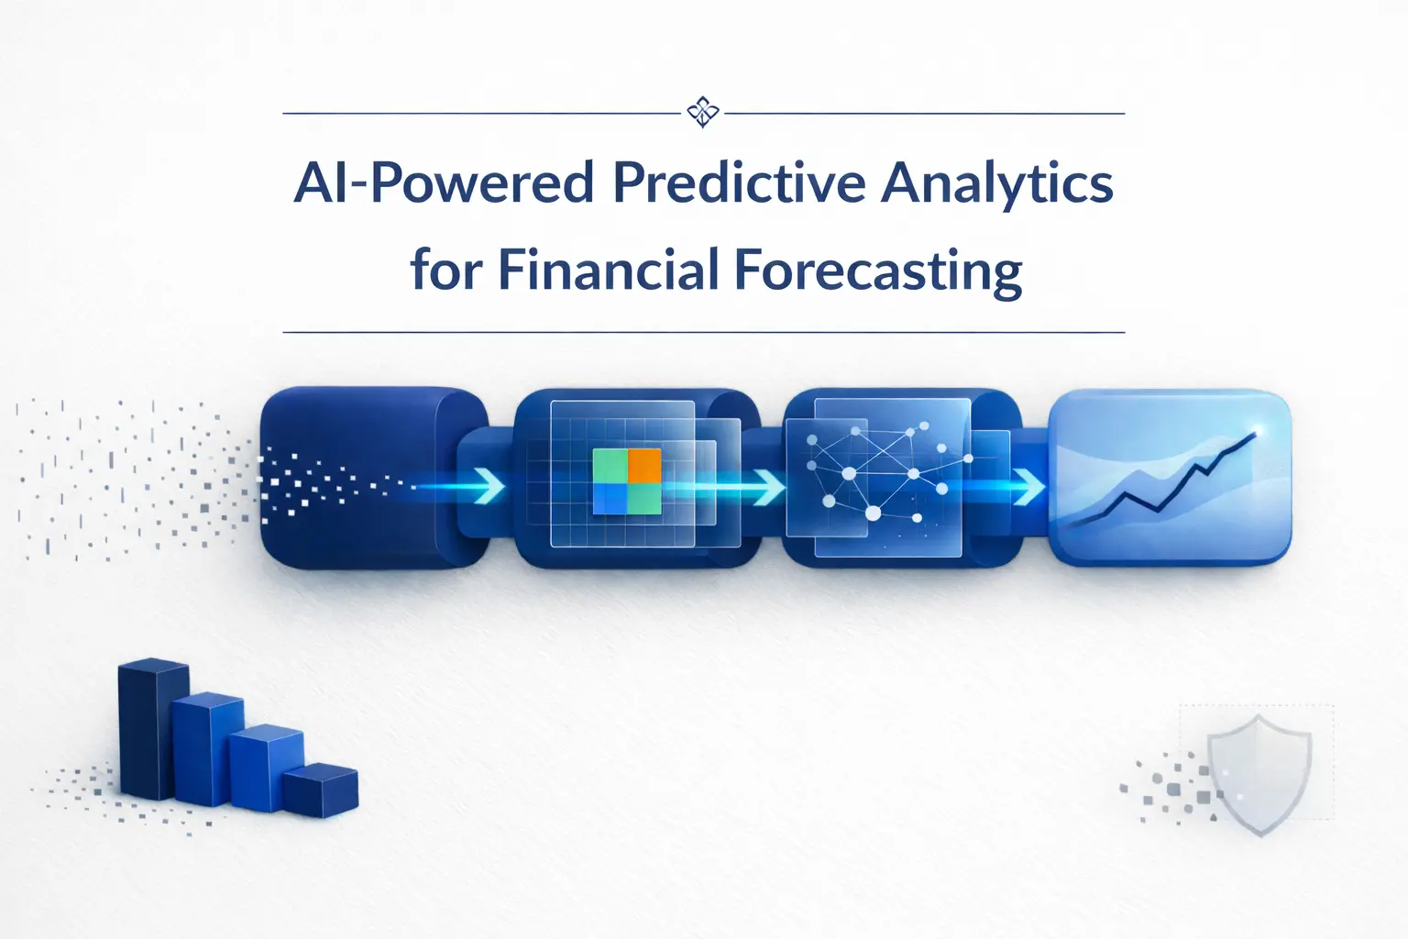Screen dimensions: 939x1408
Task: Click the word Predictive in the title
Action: pos(738,183)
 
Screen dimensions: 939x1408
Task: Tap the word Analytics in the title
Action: pos(997,183)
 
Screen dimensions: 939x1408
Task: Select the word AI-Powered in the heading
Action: pos(445,183)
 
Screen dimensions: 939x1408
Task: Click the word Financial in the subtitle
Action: pos(609,271)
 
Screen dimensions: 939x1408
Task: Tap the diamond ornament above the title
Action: pos(703,113)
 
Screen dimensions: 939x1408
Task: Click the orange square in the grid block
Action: pos(644,465)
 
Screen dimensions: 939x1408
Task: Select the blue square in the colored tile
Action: pos(610,499)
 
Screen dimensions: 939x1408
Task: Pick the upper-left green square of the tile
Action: pos(610,465)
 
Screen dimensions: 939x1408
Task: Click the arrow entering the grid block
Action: pos(489,486)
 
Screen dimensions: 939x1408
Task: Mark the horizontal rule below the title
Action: pos(703,332)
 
